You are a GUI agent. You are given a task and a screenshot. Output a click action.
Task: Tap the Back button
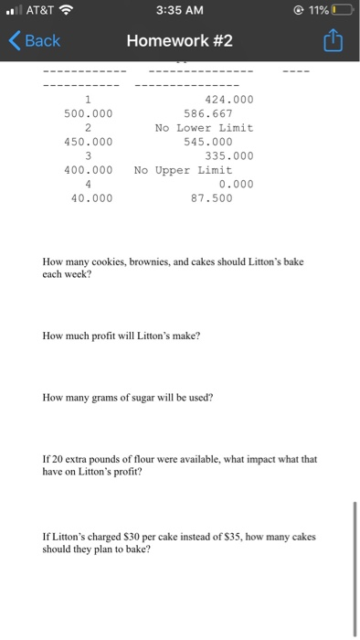(x=35, y=41)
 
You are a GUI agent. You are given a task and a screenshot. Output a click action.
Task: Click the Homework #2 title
(x=180, y=41)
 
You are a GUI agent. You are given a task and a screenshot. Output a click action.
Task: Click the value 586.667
(x=206, y=113)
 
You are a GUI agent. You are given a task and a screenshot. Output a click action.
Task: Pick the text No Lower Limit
(x=204, y=128)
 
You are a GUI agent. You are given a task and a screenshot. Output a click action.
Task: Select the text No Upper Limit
(x=183, y=170)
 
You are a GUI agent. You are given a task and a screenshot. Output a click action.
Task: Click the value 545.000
(x=206, y=142)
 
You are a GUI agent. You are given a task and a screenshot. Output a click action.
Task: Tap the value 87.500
(x=210, y=197)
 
